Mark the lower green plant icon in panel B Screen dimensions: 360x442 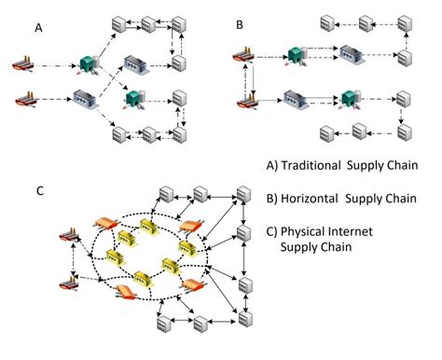click(350, 97)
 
